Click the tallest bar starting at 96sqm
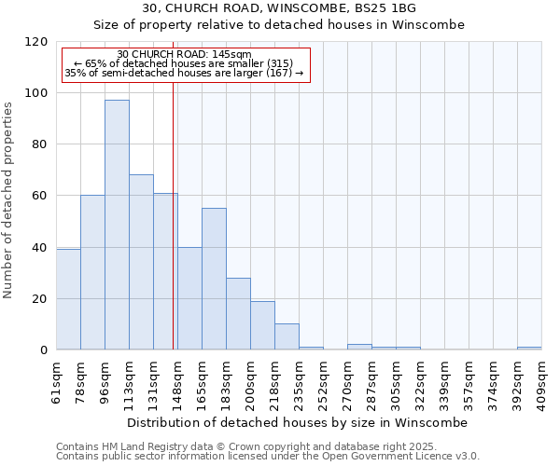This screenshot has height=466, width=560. (117, 225)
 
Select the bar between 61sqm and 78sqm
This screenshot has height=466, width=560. (68, 299)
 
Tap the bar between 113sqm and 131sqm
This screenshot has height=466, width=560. (141, 262)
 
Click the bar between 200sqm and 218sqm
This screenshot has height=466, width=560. (262, 325)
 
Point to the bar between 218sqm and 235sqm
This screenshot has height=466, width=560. (287, 336)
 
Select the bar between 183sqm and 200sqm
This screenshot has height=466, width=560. (238, 313)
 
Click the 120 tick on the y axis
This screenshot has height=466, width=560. (36, 42)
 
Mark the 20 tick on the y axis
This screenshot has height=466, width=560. (40, 299)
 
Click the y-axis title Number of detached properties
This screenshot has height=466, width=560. (9, 200)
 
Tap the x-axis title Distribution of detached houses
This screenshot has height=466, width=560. (297, 422)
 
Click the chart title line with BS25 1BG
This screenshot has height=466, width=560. (279, 7)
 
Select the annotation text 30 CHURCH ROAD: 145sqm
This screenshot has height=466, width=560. (184, 55)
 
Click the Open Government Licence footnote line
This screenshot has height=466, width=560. (268, 457)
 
